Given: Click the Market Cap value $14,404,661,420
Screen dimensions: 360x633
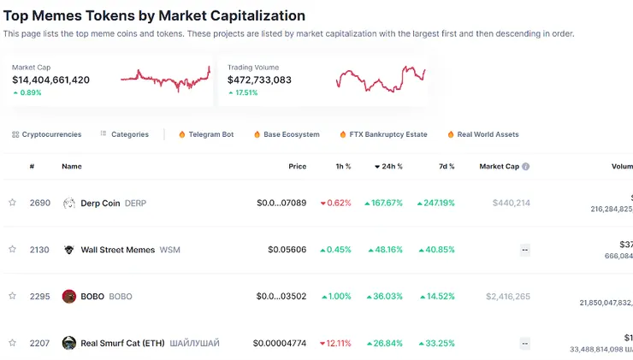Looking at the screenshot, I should click(x=50, y=80).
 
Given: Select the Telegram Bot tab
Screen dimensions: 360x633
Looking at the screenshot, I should click(x=205, y=134).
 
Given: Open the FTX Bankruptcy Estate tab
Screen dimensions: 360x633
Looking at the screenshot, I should click(x=382, y=134).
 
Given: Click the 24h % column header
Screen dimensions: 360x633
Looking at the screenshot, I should click(x=389, y=167).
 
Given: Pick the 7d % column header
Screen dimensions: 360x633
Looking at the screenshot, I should click(x=446, y=167).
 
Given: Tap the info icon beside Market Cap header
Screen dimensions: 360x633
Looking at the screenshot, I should click(x=526, y=167).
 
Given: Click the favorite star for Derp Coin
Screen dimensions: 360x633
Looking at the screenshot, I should click(x=12, y=203).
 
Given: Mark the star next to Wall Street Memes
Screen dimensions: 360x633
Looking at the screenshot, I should click(x=12, y=250).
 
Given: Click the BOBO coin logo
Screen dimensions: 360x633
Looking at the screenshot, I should click(x=69, y=297).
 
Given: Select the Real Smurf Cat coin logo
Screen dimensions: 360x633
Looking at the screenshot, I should click(x=69, y=343).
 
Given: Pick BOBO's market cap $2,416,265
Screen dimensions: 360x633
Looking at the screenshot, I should click(x=507, y=297).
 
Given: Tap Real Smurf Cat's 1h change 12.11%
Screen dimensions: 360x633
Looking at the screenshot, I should click(x=335, y=343).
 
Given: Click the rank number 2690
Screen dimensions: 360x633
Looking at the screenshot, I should click(x=39, y=203).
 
